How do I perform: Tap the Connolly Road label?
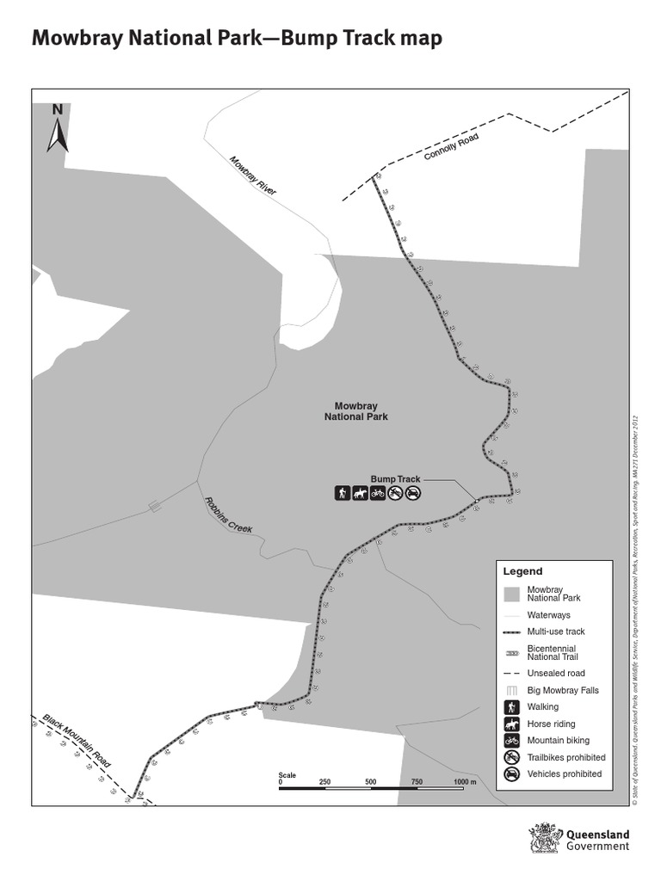point(451,148)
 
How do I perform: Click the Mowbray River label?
point(253,176)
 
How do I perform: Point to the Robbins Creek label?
point(228,515)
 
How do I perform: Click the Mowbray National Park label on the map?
point(356,411)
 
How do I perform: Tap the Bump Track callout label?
point(395,479)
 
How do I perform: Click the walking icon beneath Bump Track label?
point(343,493)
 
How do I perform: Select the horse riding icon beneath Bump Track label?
point(360,493)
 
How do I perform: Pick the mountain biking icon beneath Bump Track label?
point(377,493)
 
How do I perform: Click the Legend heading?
point(522,571)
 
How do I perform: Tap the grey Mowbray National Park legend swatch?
point(512,594)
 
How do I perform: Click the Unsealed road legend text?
point(556,673)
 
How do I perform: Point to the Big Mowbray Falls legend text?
point(563,690)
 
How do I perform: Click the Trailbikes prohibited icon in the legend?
point(512,757)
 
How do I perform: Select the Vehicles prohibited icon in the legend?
point(512,774)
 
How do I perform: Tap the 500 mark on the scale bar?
point(371,781)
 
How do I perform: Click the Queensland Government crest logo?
point(544,838)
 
